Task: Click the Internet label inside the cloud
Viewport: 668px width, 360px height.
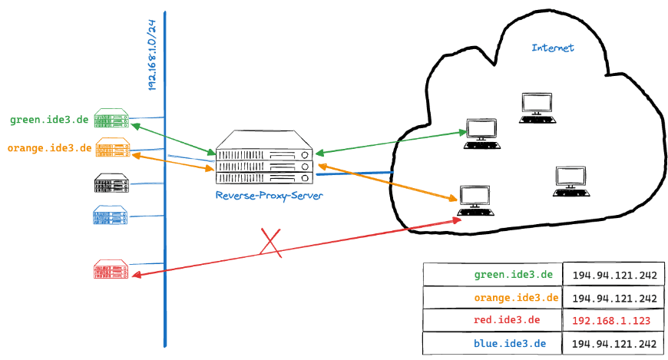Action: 553,48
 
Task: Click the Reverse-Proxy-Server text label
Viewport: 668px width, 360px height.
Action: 269,197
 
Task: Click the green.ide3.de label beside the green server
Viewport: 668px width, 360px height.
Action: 51,120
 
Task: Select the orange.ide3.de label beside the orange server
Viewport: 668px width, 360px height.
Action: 49,147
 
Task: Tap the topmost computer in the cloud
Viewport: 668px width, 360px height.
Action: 537,107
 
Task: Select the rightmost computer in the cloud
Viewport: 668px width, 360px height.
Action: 570,181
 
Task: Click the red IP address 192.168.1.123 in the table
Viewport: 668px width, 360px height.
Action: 611,320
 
